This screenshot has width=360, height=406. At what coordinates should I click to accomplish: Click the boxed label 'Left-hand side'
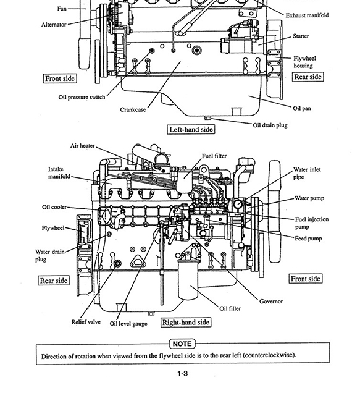pos(191,129)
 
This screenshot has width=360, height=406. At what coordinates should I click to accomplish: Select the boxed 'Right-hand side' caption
pos(186,322)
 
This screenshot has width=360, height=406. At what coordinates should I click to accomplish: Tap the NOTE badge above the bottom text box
pos(182,344)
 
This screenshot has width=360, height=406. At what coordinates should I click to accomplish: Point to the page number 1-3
pos(182,373)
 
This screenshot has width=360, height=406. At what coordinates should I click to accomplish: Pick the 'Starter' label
pos(301,36)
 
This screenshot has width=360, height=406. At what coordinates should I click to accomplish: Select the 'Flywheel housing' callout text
pos(303,62)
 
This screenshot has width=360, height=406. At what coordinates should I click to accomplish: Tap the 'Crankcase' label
pos(133,109)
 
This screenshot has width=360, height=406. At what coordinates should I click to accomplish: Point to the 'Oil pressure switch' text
pos(82,97)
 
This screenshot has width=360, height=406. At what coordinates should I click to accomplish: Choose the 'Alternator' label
pos(54,25)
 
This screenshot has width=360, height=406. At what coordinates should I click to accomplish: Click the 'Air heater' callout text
pos(82,146)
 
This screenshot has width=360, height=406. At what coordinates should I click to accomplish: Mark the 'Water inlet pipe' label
pos(308,173)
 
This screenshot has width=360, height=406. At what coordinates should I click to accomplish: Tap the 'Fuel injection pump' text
pos(312,223)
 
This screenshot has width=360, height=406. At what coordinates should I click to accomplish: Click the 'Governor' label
pos(271,301)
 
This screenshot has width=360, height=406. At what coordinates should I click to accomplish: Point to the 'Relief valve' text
pos(86,322)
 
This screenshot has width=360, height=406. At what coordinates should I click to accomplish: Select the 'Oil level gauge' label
pos(128,323)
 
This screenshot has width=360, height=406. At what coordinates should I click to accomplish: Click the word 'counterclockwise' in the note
pos(267,355)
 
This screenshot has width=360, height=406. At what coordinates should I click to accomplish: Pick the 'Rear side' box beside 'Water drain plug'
pos(54,281)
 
